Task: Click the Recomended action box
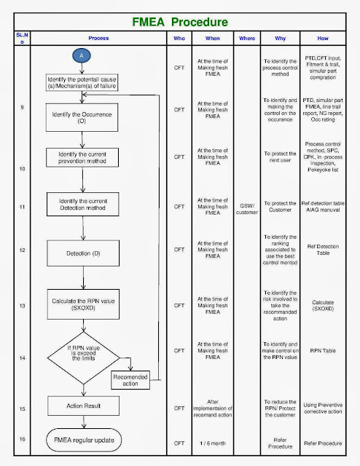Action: (x=131, y=380)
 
